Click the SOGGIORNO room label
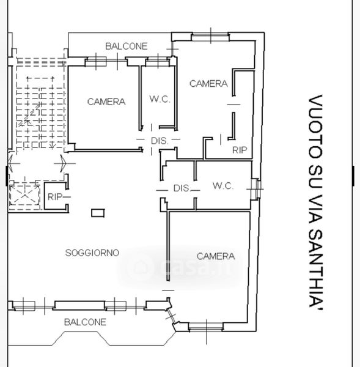pyautogui.click(x=92, y=253)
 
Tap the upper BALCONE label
pyautogui.click(x=127, y=46)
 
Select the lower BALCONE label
pyautogui.click(x=85, y=322)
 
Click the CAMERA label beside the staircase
pyautogui.click(x=106, y=102)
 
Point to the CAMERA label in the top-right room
pyautogui.click(x=208, y=84)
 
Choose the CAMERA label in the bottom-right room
pyautogui.click(x=216, y=256)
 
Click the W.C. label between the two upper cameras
pyautogui.click(x=160, y=99)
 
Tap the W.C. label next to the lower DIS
pyautogui.click(x=223, y=186)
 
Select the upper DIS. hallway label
pyautogui.click(x=160, y=141)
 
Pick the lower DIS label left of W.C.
pyautogui.click(x=182, y=188)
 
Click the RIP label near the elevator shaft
pyautogui.click(x=55, y=197)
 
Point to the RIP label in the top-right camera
pyautogui.click(x=240, y=150)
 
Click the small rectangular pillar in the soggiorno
pyautogui.click(x=98, y=213)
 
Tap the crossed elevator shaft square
pyautogui.click(x=24, y=195)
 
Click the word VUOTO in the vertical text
pyautogui.click(x=316, y=127)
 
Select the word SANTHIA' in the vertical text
pyautogui.click(x=316, y=269)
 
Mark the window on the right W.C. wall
pyautogui.click(x=255, y=189)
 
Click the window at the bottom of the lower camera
pyautogui.click(x=206, y=327)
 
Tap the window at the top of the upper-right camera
pyautogui.click(x=210, y=37)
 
